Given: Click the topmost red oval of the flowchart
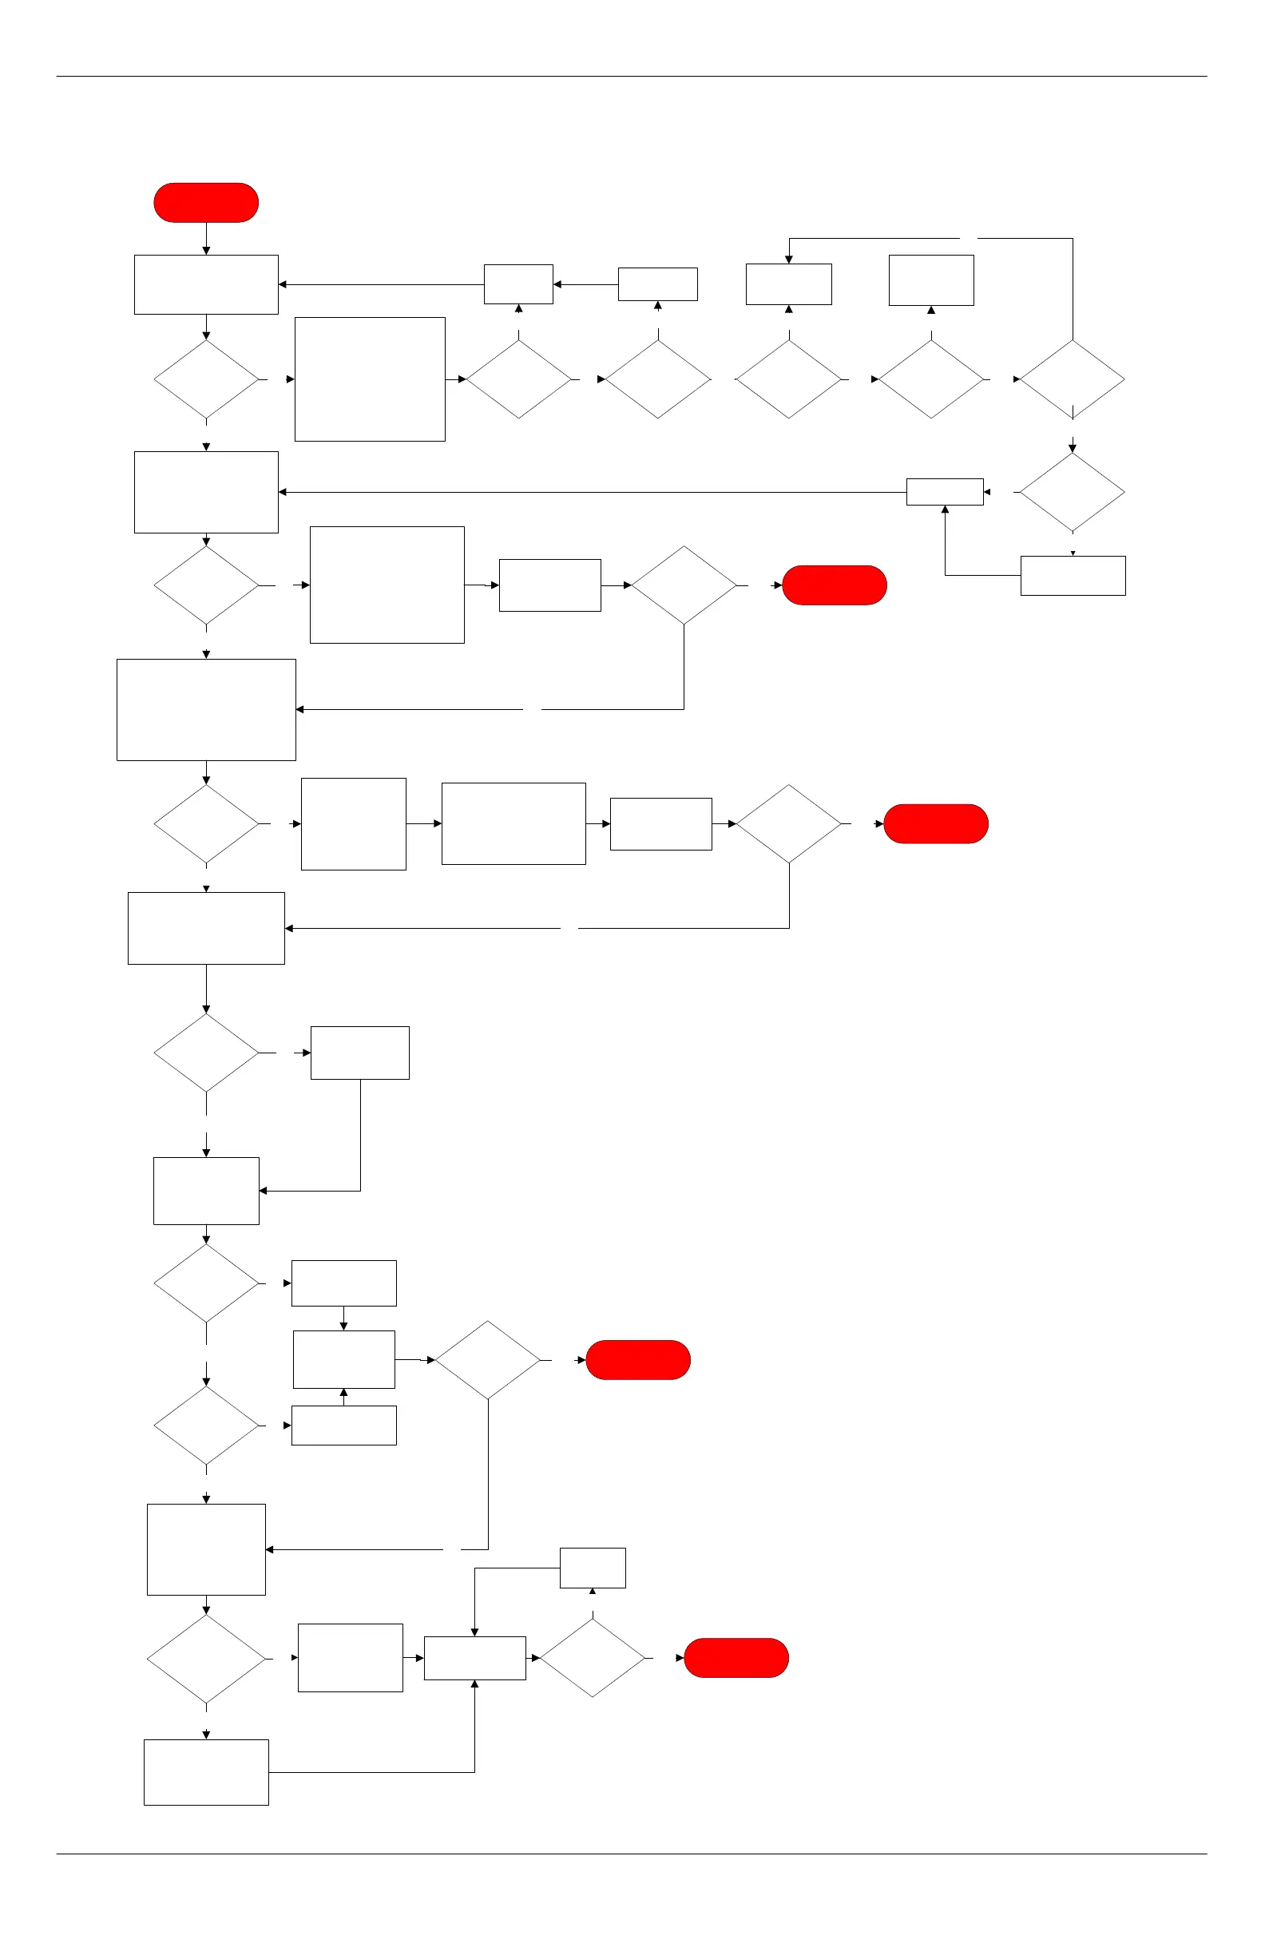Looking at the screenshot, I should click(x=206, y=203).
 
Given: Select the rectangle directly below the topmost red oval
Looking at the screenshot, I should click(x=206, y=284).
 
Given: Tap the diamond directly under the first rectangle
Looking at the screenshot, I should click(x=206, y=379).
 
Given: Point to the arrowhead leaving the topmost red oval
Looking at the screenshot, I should click(x=206, y=250).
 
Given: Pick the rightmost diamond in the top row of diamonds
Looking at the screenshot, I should click(x=1072, y=379).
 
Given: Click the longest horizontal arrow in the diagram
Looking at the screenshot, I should click(x=592, y=492).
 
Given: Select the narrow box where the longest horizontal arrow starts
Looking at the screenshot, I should click(x=945, y=492).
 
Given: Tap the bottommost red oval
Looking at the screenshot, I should click(x=736, y=1658).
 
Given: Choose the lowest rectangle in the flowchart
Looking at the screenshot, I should click(x=206, y=1772).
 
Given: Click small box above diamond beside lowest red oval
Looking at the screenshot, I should click(x=593, y=1568).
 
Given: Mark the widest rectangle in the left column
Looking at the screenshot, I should click(x=206, y=710).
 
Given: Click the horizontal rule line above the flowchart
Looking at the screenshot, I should click(x=631, y=77).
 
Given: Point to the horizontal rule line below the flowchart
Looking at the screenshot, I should click(x=631, y=1854).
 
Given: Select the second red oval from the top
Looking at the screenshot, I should click(x=835, y=585).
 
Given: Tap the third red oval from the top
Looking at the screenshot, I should click(x=936, y=824).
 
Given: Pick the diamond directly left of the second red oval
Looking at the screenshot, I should click(x=684, y=585).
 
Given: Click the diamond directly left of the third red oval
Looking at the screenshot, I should click(x=788, y=824).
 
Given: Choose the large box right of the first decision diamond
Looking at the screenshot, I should click(x=370, y=379).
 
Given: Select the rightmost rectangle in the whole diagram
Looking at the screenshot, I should click(x=1073, y=576).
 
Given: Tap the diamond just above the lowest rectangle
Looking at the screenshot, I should click(x=206, y=1659).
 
